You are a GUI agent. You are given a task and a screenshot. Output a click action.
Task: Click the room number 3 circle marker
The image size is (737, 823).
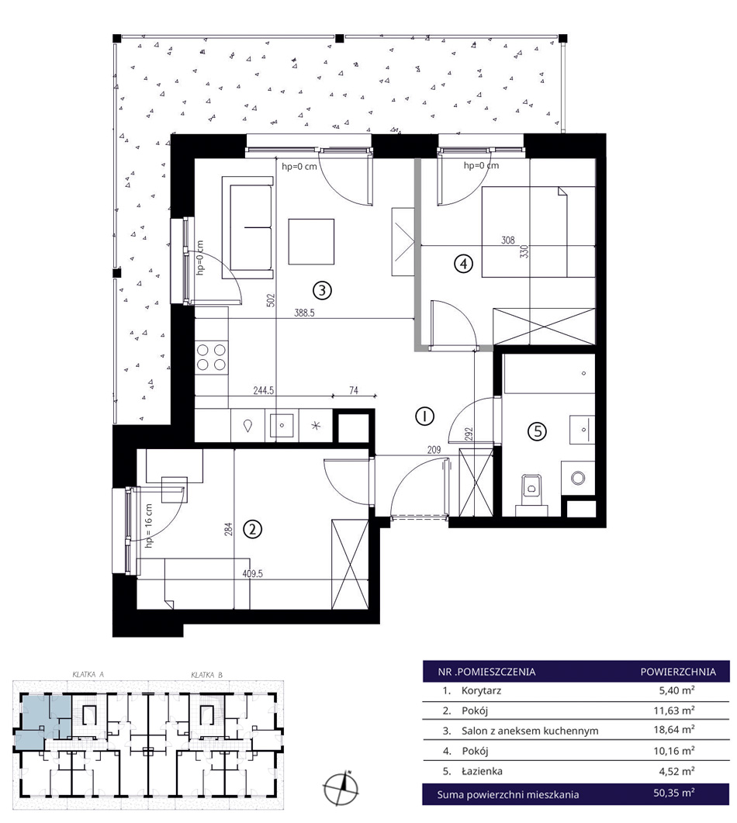tap(322, 289)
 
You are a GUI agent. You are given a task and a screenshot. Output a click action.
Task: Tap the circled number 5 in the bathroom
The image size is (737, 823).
tap(537, 431)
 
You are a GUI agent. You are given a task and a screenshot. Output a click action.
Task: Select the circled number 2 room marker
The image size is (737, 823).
tap(252, 529)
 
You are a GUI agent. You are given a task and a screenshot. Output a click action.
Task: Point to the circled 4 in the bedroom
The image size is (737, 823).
tap(463, 264)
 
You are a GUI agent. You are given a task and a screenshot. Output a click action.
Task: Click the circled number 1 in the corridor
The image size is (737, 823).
tap(424, 417)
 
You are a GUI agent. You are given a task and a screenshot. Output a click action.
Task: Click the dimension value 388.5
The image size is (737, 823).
tap(304, 313)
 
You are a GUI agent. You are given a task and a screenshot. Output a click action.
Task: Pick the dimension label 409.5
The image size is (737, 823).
tap(252, 574)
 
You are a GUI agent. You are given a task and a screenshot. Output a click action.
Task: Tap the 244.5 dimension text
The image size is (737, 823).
tap(264, 390)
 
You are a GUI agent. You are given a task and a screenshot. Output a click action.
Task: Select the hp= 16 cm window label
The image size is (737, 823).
tap(148, 526)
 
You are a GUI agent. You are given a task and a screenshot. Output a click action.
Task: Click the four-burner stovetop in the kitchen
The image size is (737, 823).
tap(212, 357)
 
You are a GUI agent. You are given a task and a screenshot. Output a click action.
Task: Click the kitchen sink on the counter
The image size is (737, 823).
tap(282, 425)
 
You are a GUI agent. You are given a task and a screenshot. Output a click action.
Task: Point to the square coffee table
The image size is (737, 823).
tap(311, 241)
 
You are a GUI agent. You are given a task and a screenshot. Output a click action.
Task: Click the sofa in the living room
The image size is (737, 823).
tap(247, 227)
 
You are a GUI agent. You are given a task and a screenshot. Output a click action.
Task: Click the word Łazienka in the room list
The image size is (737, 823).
tap(482, 771)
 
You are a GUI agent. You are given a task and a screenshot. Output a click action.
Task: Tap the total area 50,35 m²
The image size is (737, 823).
tap(674, 793)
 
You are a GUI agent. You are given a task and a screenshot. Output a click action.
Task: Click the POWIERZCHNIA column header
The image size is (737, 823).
tap(678, 671)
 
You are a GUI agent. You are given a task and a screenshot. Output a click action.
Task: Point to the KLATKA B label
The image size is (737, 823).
tap(206, 675)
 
